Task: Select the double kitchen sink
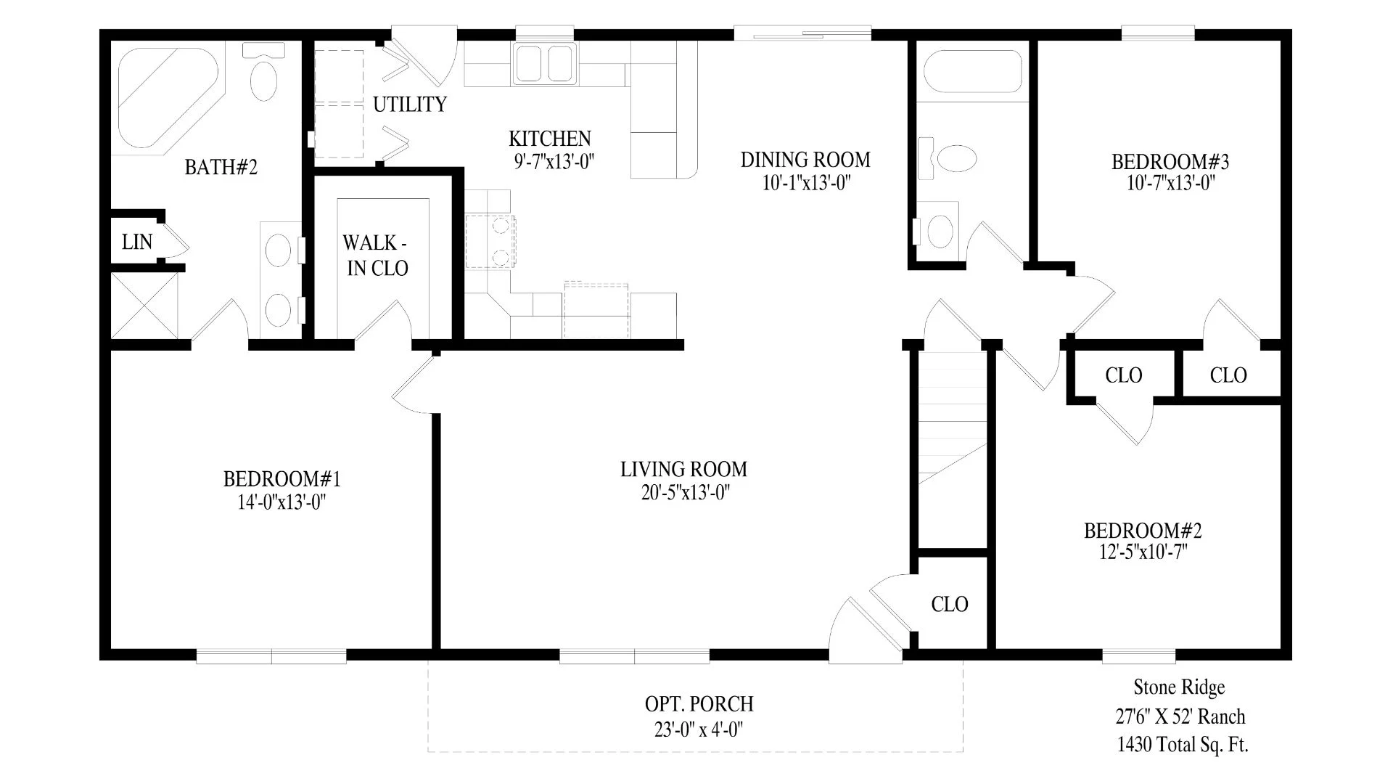tap(545, 62)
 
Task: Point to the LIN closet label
tap(137, 242)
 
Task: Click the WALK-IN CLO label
tap(377, 256)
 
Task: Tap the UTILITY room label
tap(410, 105)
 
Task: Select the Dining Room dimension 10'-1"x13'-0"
tap(805, 182)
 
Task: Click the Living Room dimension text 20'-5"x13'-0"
tap(684, 493)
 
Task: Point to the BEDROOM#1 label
tap(282, 479)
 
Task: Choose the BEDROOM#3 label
tap(1170, 161)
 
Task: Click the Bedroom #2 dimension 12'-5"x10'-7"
tap(1143, 552)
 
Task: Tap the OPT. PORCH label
tap(699, 704)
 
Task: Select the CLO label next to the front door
tap(950, 604)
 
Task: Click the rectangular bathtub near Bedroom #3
tap(972, 71)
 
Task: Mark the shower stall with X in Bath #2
tap(144, 305)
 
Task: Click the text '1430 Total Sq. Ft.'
tap(1183, 744)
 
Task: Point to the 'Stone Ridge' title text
tap(1179, 687)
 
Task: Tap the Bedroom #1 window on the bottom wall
tap(271, 656)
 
